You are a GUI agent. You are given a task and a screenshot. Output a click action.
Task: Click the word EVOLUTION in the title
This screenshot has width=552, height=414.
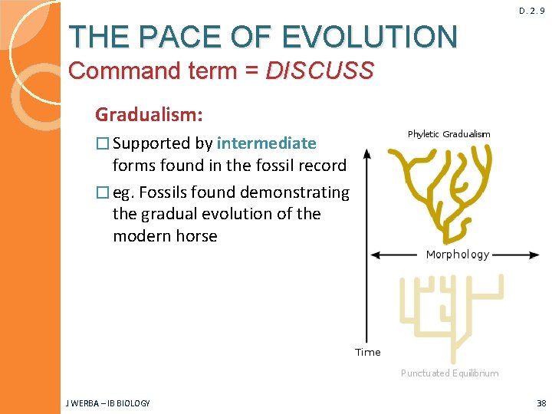tap(370, 36)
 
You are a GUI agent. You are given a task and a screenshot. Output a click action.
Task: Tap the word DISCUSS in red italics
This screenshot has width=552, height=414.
tap(320, 71)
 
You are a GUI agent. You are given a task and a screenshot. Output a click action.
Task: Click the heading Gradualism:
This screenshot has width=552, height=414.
tap(149, 115)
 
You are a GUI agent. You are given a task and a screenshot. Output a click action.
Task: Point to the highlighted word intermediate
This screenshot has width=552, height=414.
tap(267, 143)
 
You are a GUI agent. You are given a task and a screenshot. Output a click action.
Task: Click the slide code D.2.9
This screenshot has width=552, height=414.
tap(531, 11)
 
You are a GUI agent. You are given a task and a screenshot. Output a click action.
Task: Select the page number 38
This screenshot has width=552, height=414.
tap(541, 403)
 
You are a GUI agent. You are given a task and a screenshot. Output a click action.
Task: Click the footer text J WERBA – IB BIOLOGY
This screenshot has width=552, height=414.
tap(107, 403)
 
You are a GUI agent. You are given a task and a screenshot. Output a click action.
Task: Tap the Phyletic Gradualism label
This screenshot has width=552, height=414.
tap(449, 134)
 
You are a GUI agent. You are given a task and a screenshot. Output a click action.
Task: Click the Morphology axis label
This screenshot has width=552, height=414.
tap(457, 255)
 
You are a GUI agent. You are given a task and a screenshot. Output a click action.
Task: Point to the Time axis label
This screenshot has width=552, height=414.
tap(367, 352)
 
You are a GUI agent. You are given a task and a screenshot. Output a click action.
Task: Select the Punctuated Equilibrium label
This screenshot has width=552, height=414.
tap(449, 373)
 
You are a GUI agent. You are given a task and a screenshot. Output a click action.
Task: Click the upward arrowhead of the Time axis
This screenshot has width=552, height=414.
tap(367, 154)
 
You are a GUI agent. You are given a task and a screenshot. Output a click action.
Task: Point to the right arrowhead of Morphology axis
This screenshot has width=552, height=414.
tap(535, 255)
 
